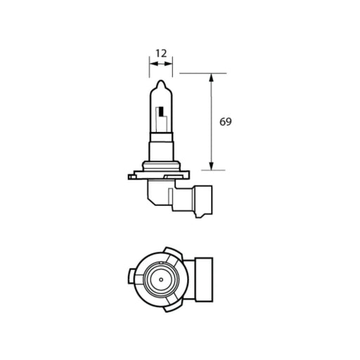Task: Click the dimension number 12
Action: (161, 52)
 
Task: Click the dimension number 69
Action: (225, 122)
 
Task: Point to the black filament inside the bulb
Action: (162, 111)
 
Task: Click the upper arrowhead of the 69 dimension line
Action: (211, 77)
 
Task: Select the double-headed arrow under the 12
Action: (161, 63)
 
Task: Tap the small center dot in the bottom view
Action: (162, 280)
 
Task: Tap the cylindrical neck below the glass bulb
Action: (161, 150)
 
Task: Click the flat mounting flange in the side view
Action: (162, 169)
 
